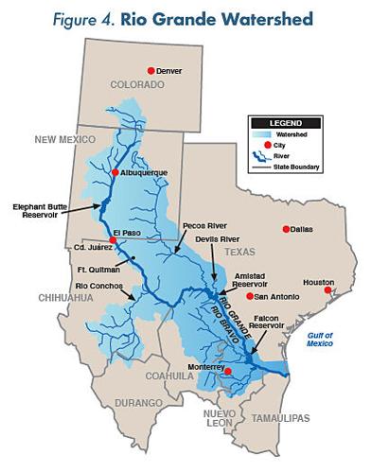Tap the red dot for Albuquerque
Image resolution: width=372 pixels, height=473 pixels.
tap(114, 172)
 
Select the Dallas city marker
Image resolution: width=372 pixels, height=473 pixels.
tap(287, 229)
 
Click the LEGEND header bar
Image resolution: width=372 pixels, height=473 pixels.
tap(285, 121)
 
